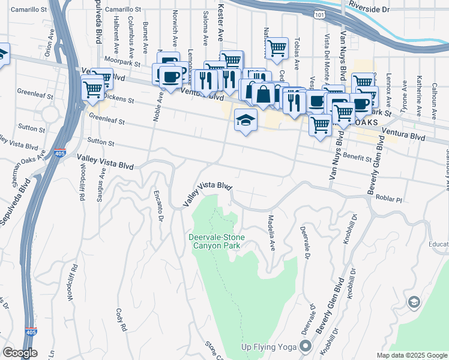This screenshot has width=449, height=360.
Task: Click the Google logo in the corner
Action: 20,353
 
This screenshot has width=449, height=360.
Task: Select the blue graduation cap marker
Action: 246,120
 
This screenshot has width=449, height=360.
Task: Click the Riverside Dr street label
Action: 384,10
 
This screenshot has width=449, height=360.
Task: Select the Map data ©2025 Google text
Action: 411,355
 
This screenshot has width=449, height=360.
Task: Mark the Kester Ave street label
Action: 220,21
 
